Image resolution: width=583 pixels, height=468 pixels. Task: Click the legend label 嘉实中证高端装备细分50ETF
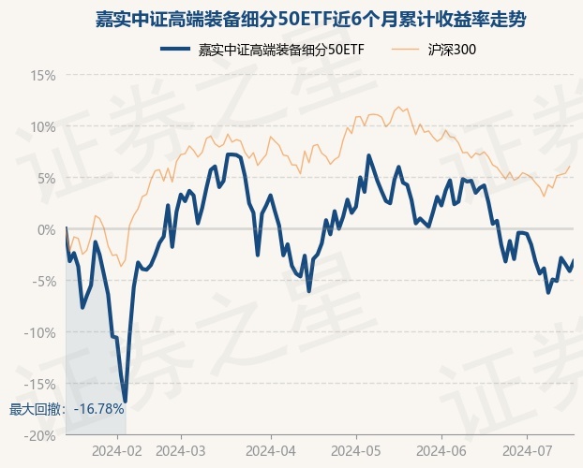[x=281, y=50]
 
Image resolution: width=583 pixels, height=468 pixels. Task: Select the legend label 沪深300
[x=452, y=50]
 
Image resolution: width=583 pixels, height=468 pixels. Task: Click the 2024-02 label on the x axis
[x=119, y=451]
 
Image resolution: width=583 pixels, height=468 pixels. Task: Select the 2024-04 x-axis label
[x=270, y=451]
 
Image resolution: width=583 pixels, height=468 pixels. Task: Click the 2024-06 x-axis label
[x=439, y=451]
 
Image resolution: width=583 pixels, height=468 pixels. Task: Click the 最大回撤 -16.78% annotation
[x=67, y=409]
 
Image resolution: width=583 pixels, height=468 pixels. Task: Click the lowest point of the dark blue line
[x=125, y=402]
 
